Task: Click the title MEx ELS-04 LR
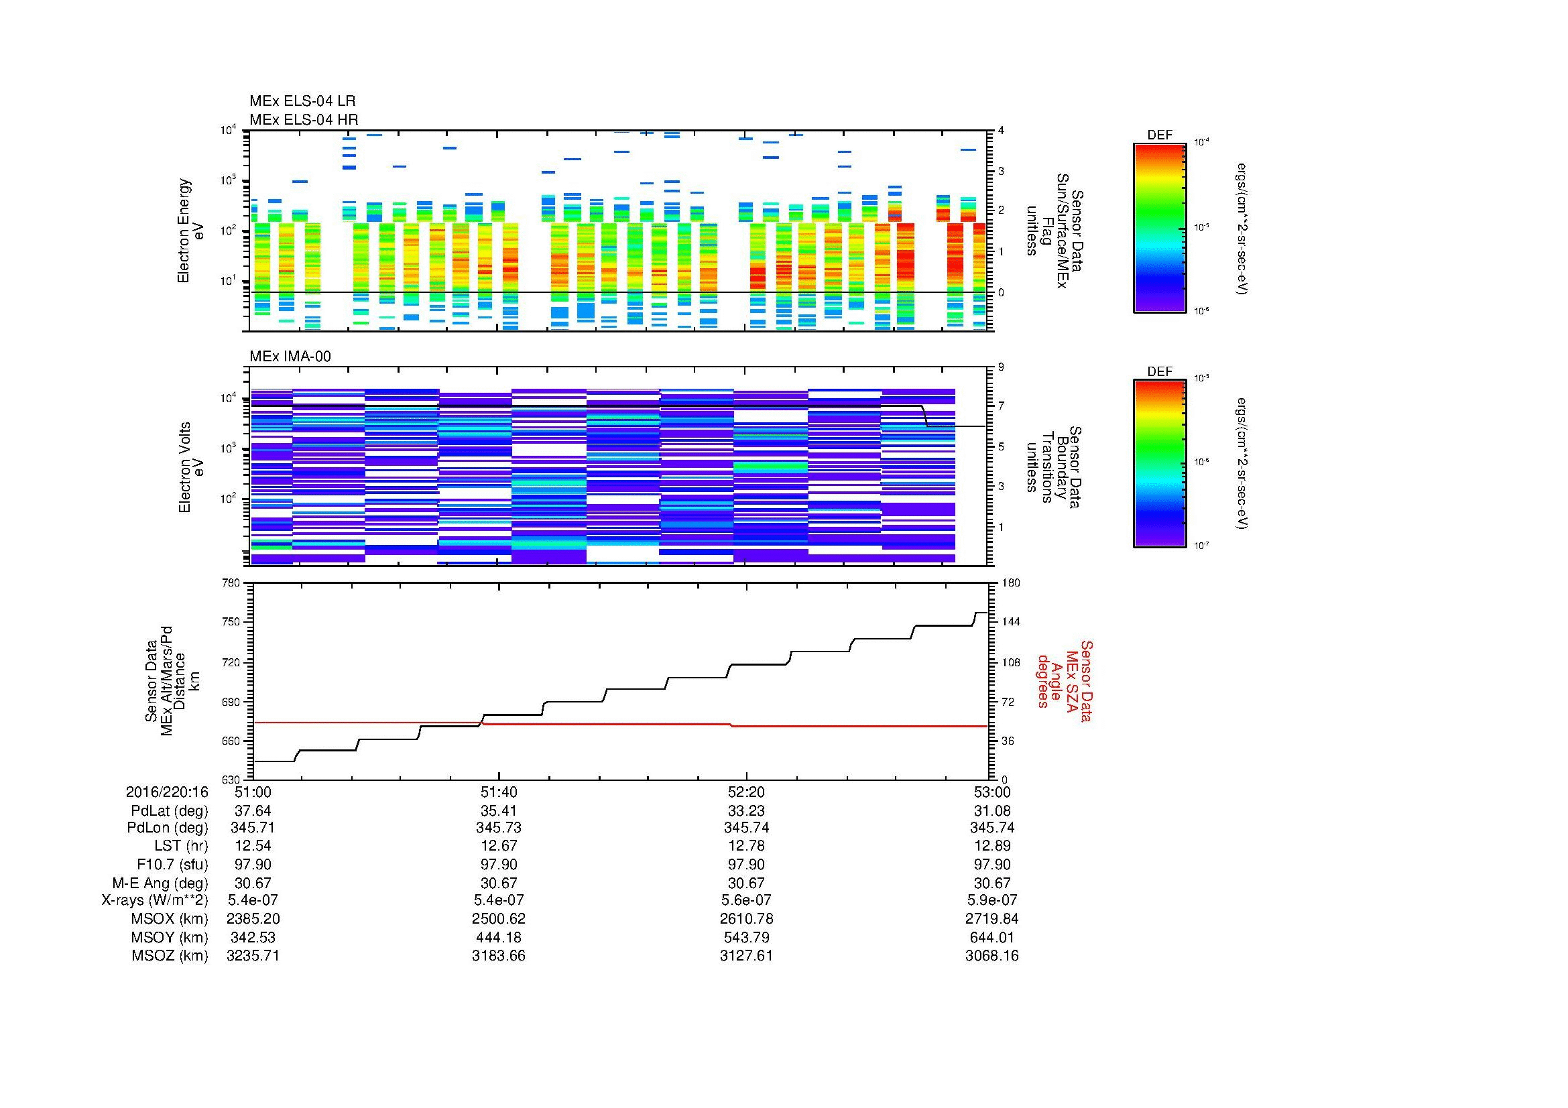pyautogui.click(x=302, y=102)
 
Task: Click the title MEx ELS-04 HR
pyautogui.click(x=303, y=120)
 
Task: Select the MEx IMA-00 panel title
pyautogui.click(x=290, y=357)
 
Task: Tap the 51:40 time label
pyautogui.click(x=499, y=792)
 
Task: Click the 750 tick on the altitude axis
pyautogui.click(x=231, y=623)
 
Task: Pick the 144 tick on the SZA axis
pyautogui.click(x=1011, y=623)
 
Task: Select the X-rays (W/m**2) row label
pyautogui.click(x=154, y=900)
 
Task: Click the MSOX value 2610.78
pyautogui.click(x=745, y=919)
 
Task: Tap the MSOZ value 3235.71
pyautogui.click(x=253, y=956)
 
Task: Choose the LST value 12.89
pyautogui.click(x=991, y=846)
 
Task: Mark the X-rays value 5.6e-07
pyautogui.click(x=745, y=900)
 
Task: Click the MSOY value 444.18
pyautogui.click(x=499, y=937)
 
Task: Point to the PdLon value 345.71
pyautogui.click(x=253, y=828)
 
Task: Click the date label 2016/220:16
pyautogui.click(x=167, y=792)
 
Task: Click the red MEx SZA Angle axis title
pyautogui.click(x=1064, y=680)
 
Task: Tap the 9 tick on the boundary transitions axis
pyautogui.click(x=1001, y=367)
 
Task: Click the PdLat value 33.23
pyautogui.click(x=745, y=811)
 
